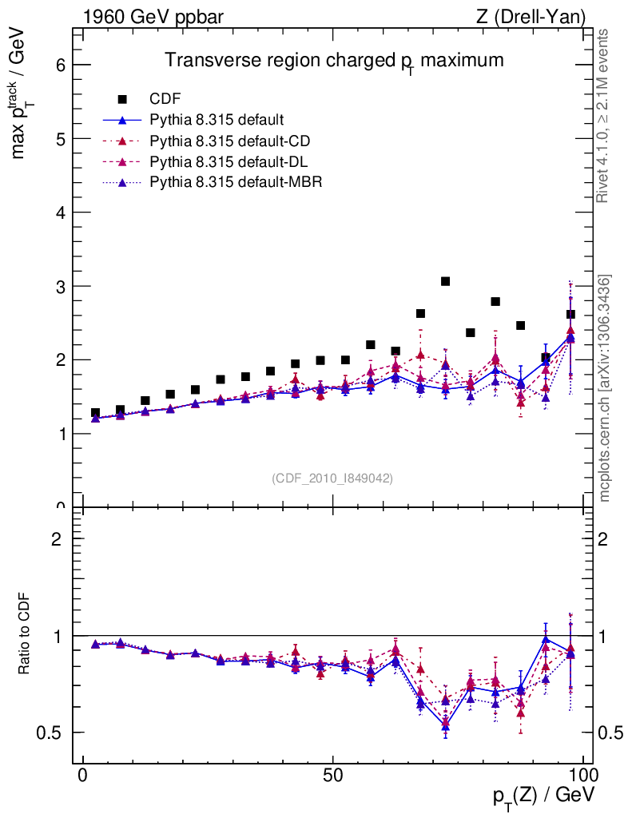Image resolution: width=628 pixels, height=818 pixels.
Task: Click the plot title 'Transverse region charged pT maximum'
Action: point(334,62)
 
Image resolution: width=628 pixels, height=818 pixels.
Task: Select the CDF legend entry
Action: point(165,99)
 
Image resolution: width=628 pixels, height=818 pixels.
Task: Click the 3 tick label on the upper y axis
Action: point(59,286)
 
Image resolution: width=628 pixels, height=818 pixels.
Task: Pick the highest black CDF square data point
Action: point(446,281)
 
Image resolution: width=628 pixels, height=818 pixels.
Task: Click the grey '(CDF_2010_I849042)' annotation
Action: point(332,478)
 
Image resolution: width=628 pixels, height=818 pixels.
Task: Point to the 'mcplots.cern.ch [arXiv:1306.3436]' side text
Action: point(605,388)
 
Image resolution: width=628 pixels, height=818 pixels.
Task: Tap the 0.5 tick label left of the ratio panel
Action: point(52,733)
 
